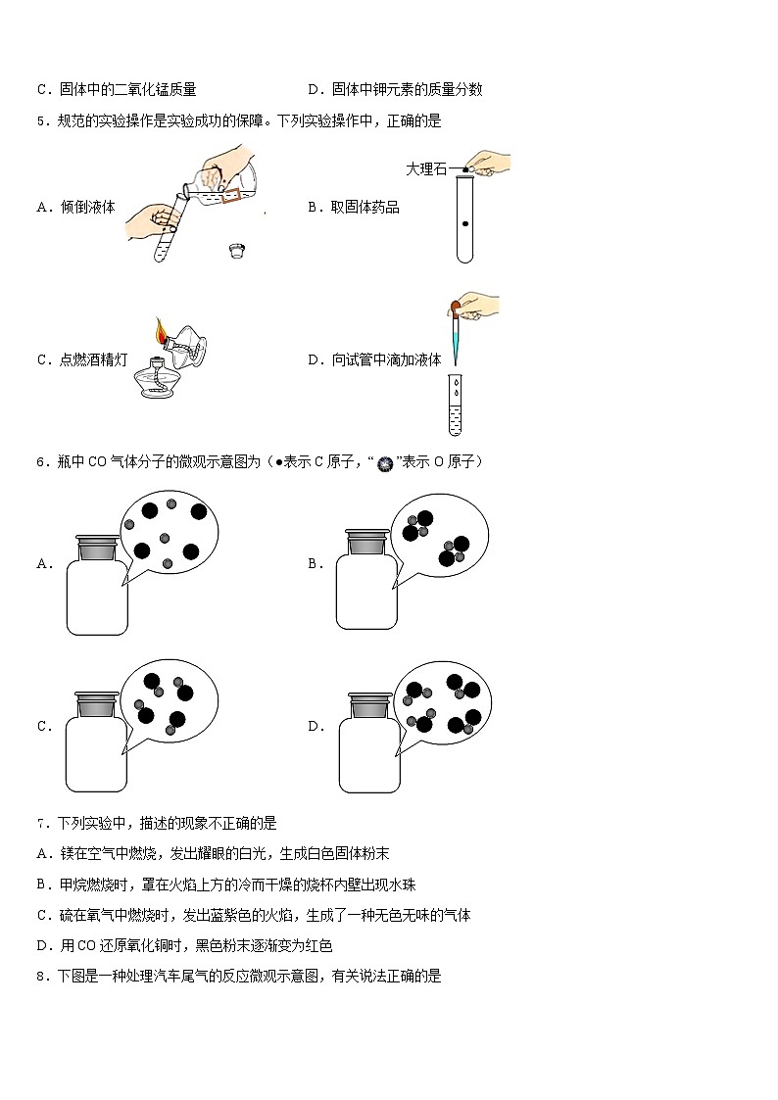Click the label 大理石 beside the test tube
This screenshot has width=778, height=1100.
[426, 169]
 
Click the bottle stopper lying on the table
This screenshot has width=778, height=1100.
[236, 251]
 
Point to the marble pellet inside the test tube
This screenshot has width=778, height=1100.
[464, 224]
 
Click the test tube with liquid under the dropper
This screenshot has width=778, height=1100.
[455, 404]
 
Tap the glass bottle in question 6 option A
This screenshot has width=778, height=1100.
[96, 592]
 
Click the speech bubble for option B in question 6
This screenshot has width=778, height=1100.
[438, 535]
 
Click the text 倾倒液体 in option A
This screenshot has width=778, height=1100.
[87, 208]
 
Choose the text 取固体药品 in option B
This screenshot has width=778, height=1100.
[365, 208]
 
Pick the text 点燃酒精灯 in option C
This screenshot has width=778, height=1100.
[94, 359]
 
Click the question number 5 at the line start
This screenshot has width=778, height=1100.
[40, 121]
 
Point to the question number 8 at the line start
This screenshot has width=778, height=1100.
[40, 976]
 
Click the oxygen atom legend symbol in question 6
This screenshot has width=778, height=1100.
[385, 462]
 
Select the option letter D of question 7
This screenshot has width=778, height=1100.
[43, 945]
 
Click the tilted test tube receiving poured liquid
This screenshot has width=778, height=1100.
[168, 228]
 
